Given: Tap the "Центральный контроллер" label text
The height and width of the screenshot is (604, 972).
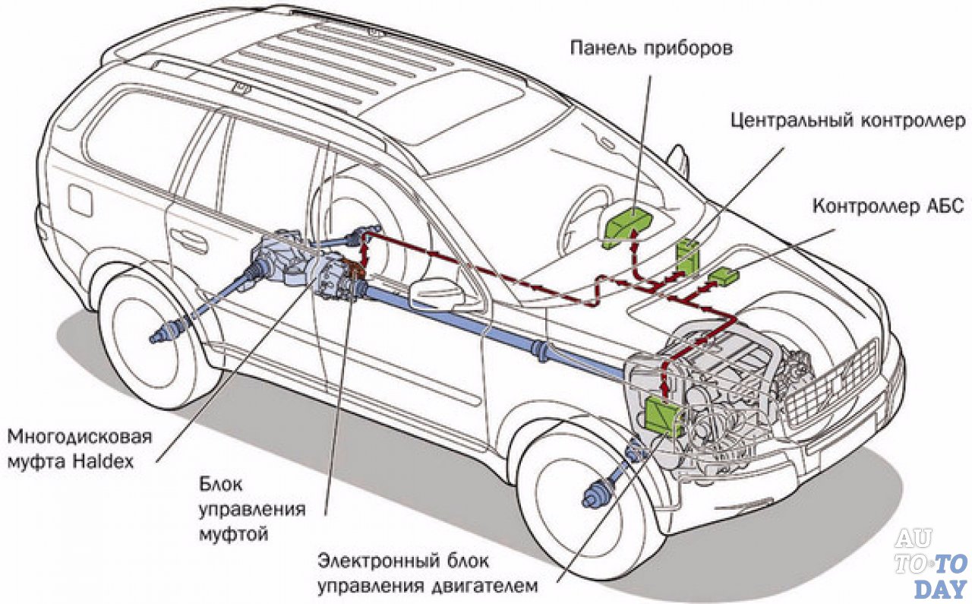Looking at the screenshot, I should point(847,120).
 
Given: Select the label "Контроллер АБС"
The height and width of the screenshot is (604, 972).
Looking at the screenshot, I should point(888,206).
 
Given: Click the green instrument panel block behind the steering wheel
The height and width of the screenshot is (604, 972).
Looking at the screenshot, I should point(631,220).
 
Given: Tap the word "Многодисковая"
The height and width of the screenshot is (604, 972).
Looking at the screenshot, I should point(80,438).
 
